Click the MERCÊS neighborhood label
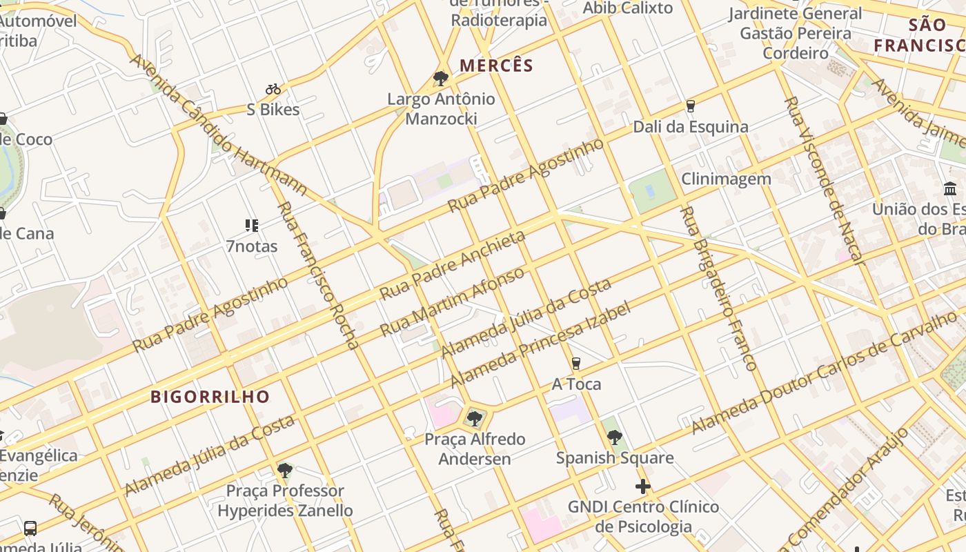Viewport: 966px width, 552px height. (x=496, y=66)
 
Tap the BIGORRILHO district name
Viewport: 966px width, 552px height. (x=210, y=397)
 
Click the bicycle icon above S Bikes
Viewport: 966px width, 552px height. (x=273, y=89)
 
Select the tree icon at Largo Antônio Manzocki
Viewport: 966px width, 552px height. (x=441, y=78)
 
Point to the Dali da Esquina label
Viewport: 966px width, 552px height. (x=691, y=127)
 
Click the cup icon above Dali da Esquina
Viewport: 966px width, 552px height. (x=690, y=106)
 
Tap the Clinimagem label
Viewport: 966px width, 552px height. (x=726, y=179)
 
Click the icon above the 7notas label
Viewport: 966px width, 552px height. (x=251, y=226)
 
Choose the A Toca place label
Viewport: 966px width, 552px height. (x=576, y=384)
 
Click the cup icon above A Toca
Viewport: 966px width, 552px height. (x=576, y=364)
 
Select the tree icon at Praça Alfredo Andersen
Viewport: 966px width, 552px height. (x=475, y=418)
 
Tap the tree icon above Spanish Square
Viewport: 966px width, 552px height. (x=615, y=437)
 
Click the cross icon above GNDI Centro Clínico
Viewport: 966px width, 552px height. (x=643, y=486)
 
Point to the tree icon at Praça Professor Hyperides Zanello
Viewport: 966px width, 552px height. (x=284, y=471)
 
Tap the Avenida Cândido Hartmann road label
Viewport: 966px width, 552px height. (x=218, y=125)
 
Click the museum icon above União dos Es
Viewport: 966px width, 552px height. (x=950, y=188)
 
